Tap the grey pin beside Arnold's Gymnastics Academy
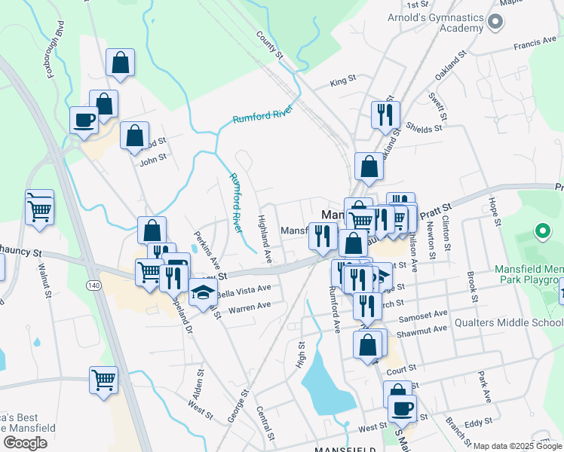click(x=495, y=22)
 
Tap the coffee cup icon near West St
click(x=402, y=408)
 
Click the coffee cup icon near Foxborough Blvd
click(x=84, y=119)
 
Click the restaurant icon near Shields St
click(x=385, y=115)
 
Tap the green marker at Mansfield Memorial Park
click(x=541, y=231)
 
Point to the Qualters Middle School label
click(x=508, y=323)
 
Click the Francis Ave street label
click(x=534, y=46)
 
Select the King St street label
click(x=342, y=80)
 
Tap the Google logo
click(x=25, y=442)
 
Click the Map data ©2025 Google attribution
click(x=517, y=446)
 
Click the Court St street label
click(x=401, y=371)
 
